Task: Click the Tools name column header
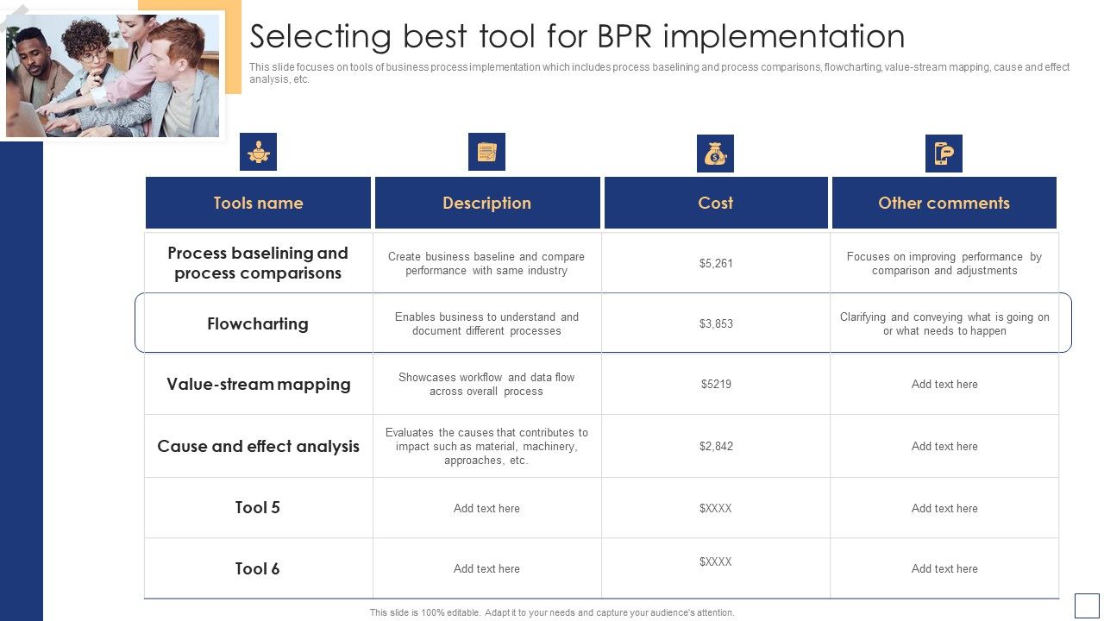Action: (x=258, y=203)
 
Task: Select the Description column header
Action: (x=486, y=203)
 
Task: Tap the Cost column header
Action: (x=715, y=203)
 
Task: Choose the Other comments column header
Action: (x=944, y=203)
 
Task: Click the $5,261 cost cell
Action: (x=716, y=263)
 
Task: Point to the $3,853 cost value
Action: (x=716, y=323)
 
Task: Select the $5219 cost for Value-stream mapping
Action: (x=716, y=384)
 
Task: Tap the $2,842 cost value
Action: (x=716, y=446)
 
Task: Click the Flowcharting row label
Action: (x=258, y=323)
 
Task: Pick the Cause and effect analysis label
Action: (x=258, y=446)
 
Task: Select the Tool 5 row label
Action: (x=258, y=507)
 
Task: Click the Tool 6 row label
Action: (x=258, y=568)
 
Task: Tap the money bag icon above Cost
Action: (x=715, y=154)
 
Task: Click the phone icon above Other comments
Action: (x=944, y=154)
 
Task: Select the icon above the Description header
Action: (x=486, y=152)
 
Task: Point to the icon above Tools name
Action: (x=258, y=152)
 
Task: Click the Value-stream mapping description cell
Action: (x=486, y=384)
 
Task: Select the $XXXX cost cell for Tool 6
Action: (x=716, y=561)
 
